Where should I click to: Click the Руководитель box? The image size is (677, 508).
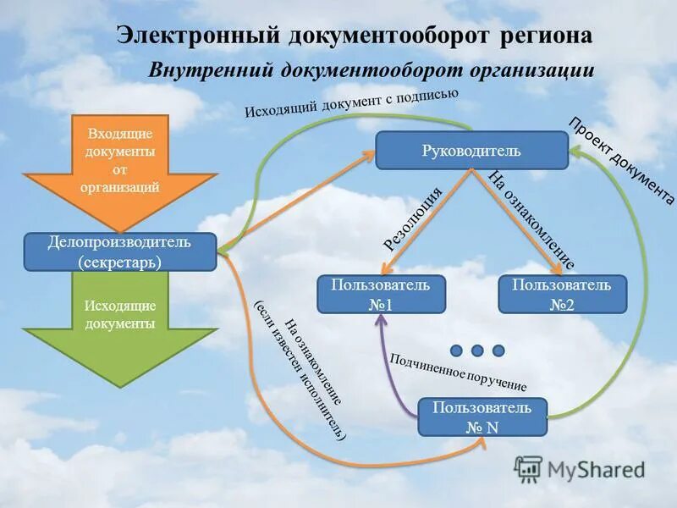pyautogui.click(x=471, y=151)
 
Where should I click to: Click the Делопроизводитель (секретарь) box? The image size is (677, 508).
pyautogui.click(x=119, y=252)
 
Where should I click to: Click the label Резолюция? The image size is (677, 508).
pyautogui.click(x=414, y=219)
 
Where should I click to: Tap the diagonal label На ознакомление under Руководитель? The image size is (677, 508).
pyautogui.click(x=532, y=219)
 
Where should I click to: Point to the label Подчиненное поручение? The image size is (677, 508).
pyautogui.click(x=458, y=372)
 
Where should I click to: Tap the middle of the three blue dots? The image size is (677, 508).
pyautogui.click(x=477, y=350)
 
